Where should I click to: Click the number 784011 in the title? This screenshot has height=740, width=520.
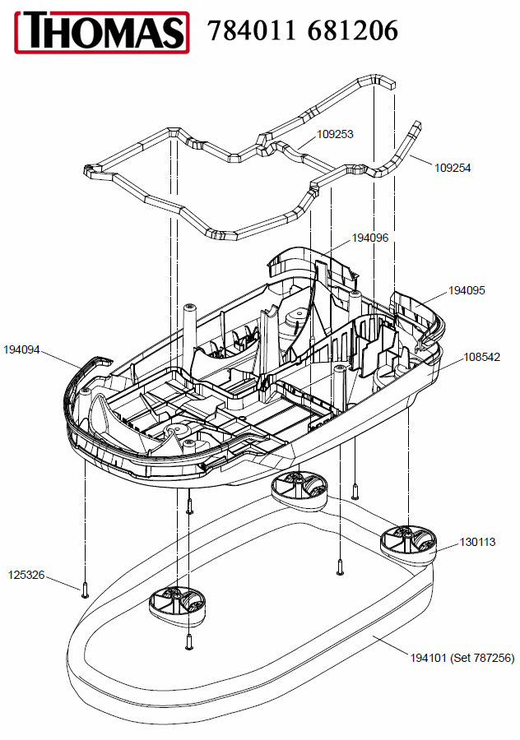pyautogui.click(x=251, y=30)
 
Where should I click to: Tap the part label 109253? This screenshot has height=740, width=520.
pyautogui.click(x=336, y=133)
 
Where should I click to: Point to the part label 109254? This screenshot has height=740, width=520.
pyautogui.click(x=453, y=167)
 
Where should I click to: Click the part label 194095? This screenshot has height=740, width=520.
pyautogui.click(x=467, y=290)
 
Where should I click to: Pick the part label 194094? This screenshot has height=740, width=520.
pyautogui.click(x=21, y=349)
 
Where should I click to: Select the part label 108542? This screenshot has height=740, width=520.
pyautogui.click(x=482, y=358)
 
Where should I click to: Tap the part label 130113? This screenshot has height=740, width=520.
pyautogui.click(x=477, y=542)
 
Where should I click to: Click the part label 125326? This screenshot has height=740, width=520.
pyautogui.click(x=26, y=575)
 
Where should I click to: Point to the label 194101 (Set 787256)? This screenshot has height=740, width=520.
pyautogui.click(x=462, y=658)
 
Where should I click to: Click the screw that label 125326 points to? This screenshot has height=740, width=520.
pyautogui.click(x=85, y=589)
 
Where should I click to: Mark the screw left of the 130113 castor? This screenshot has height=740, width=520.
pyautogui.click(x=340, y=566)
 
